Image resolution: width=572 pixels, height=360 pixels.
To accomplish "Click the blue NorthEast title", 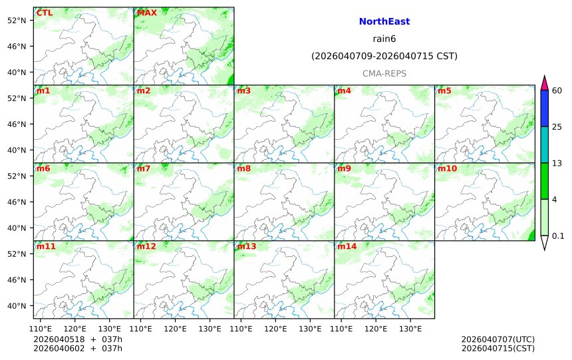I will pyautogui.click(x=384, y=22).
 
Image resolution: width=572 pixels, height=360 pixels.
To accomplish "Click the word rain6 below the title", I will pyautogui.click(x=384, y=39).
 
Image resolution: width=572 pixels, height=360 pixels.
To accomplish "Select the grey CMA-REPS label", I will pyautogui.click(x=384, y=73).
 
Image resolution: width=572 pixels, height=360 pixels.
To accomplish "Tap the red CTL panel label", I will pyautogui.click(x=45, y=13).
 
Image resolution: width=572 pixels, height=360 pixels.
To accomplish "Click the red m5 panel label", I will pyautogui.click(x=444, y=91).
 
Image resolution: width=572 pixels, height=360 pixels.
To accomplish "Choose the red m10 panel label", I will pyautogui.click(x=447, y=169).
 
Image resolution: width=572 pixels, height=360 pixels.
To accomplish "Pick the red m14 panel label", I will pyautogui.click(x=347, y=247).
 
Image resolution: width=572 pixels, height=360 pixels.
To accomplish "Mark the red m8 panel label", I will pyautogui.click(x=243, y=169).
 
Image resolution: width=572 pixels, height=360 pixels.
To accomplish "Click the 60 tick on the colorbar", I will pyautogui.click(x=557, y=90).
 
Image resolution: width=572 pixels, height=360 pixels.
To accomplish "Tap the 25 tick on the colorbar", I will pyautogui.click(x=557, y=127).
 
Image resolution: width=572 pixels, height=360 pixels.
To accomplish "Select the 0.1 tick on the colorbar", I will pyautogui.click(x=558, y=236).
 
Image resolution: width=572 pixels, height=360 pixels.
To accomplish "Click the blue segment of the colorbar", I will pyautogui.click(x=544, y=108).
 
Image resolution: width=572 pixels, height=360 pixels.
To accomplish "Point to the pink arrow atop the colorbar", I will pyautogui.click(x=544, y=83).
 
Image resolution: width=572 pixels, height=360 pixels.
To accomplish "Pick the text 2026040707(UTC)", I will pyautogui.click(x=498, y=339).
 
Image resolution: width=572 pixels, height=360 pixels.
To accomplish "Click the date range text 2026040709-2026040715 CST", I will pyautogui.click(x=384, y=56).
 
